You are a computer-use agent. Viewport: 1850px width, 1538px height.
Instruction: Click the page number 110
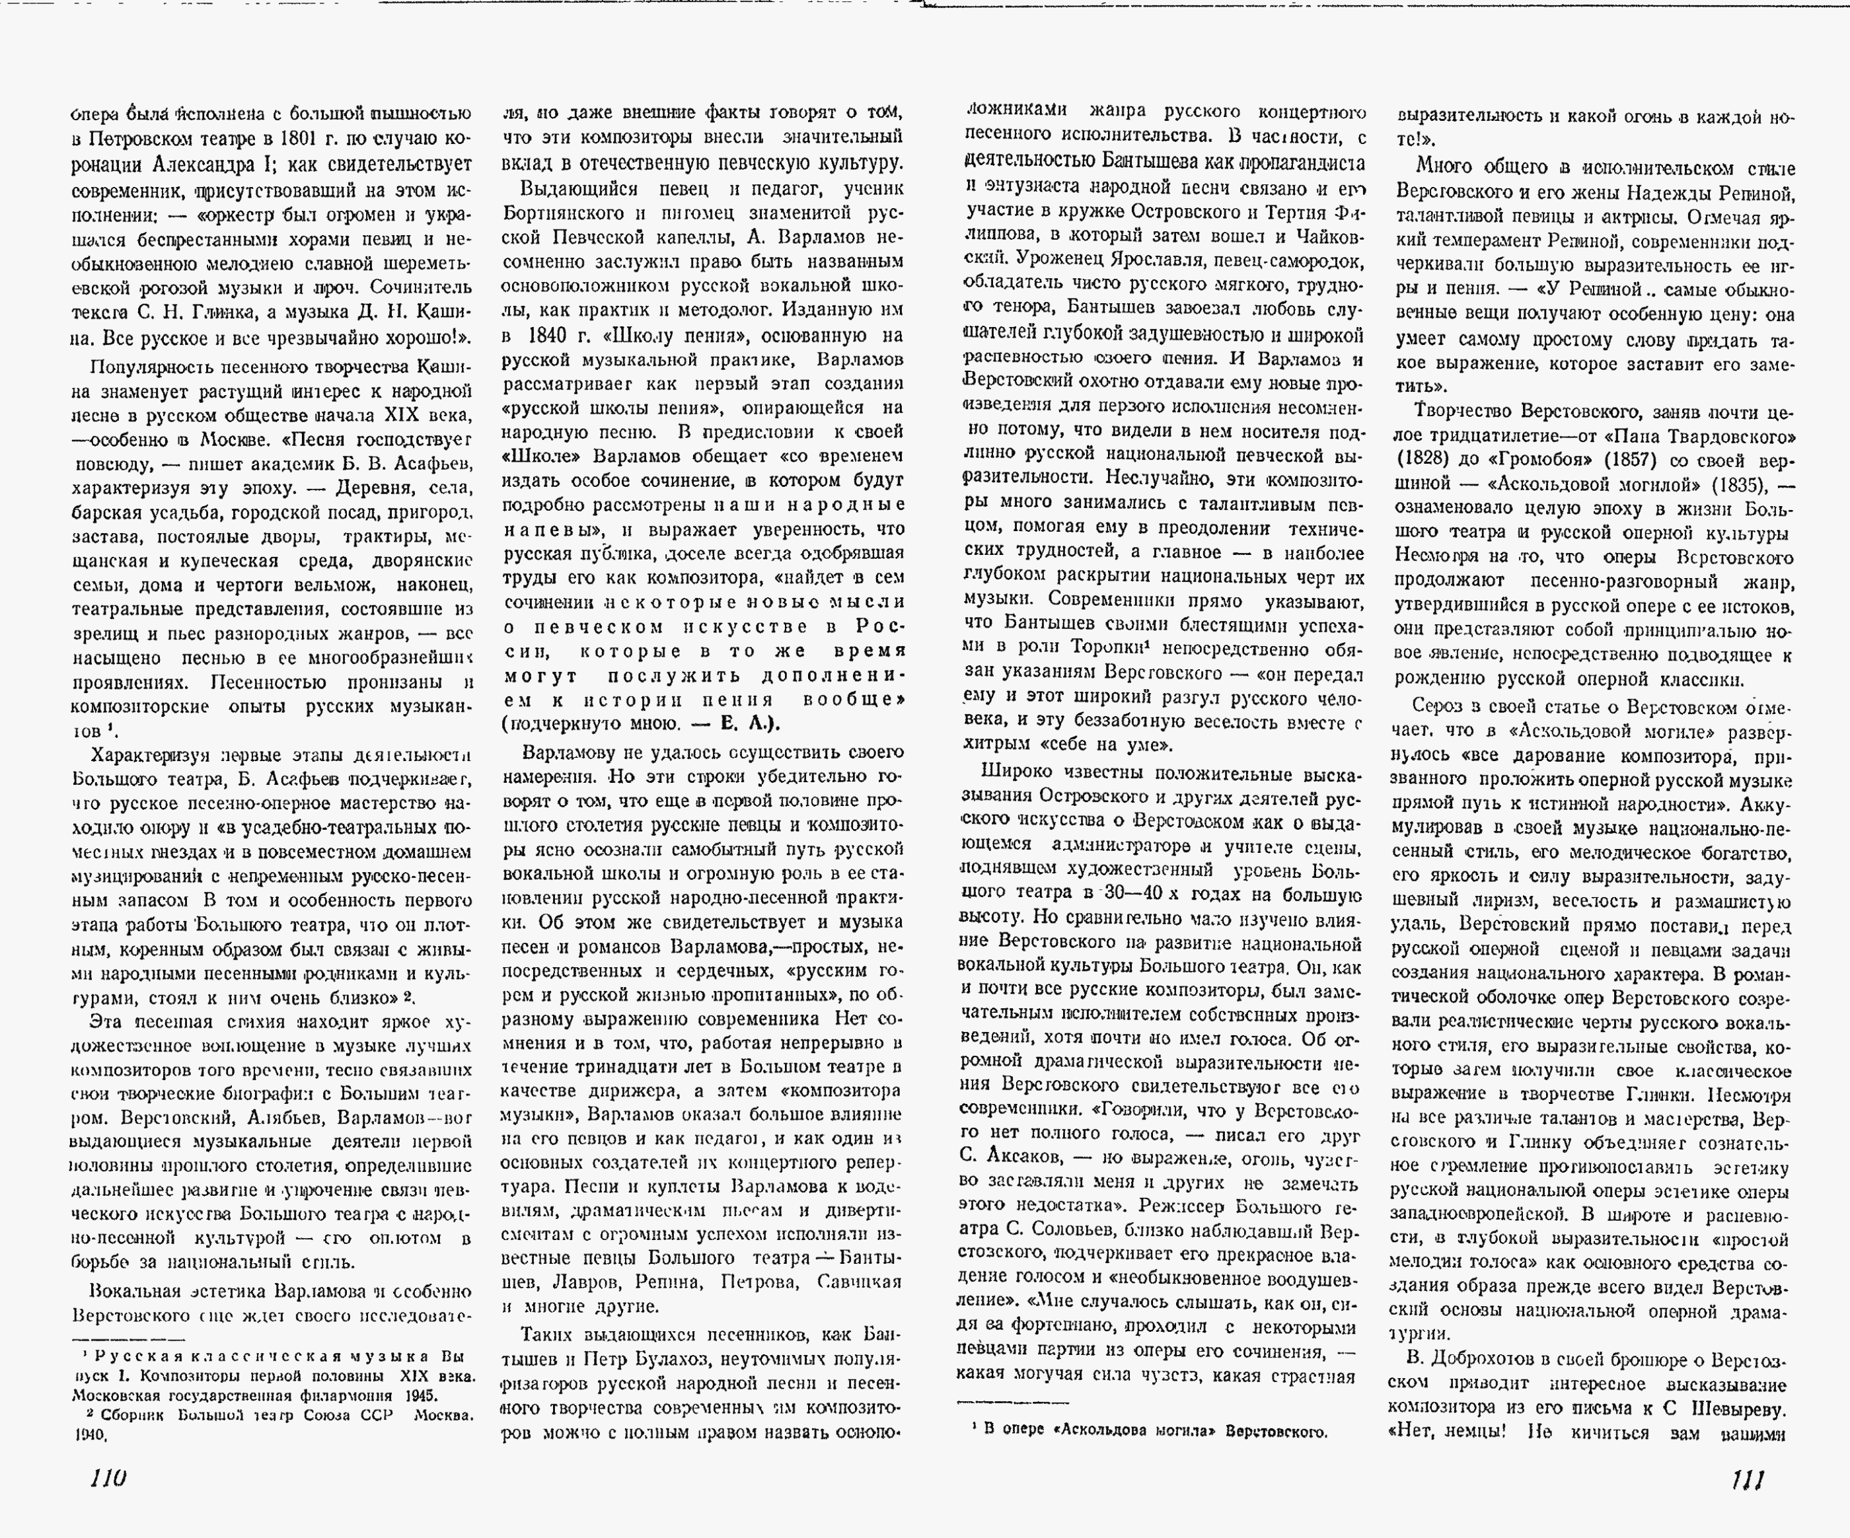pyautogui.click(x=108, y=1478)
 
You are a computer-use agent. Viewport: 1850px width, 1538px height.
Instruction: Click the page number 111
pyautogui.click(x=1747, y=1480)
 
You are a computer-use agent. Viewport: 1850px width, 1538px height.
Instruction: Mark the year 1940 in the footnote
pyautogui.click(x=90, y=1435)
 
